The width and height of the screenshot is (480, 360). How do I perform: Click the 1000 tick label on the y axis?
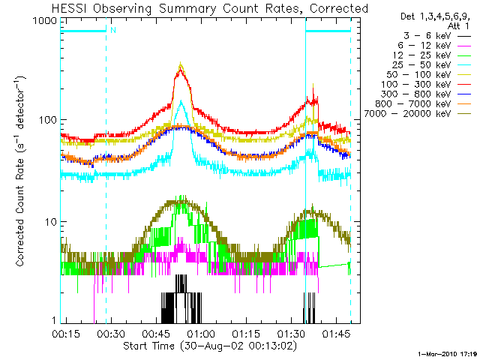pos(44,20)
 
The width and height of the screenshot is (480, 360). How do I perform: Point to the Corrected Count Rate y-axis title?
pos(21,170)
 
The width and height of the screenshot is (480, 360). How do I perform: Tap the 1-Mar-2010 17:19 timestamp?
pos(448,352)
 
